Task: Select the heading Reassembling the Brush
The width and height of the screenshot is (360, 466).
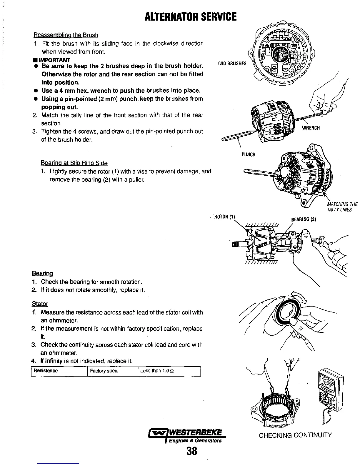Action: click(66, 35)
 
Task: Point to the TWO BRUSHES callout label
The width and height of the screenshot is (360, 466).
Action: click(231, 64)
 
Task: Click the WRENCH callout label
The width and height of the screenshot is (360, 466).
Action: click(311, 128)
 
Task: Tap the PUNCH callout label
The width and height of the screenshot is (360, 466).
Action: click(248, 154)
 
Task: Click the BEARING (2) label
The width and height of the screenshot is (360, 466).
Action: click(303, 219)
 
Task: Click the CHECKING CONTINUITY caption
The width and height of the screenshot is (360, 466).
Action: click(295, 435)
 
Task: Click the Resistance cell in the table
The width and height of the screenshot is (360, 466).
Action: click(46, 371)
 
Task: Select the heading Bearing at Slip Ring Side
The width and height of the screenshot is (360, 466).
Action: click(74, 163)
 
